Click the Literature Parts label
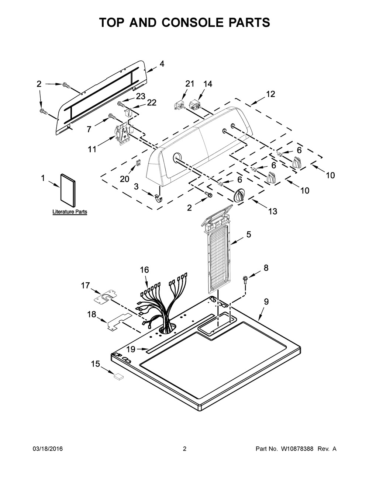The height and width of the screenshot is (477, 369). [70, 212]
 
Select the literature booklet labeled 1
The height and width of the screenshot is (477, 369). [67, 191]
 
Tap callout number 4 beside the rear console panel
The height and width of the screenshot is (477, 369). [162, 64]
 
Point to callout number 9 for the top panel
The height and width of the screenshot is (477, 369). [266, 302]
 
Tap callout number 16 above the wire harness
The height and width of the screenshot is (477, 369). [144, 270]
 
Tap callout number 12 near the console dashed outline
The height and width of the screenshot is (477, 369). [270, 94]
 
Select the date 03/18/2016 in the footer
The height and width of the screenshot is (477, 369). [48, 449]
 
